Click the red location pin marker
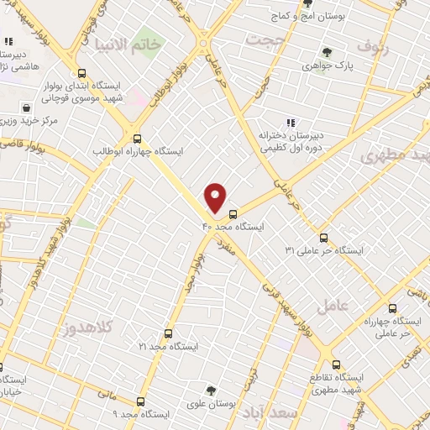pyautogui.click(x=216, y=197)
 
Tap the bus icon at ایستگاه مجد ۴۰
pyautogui.click(x=233, y=213)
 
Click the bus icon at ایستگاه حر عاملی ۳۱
pyautogui.click(x=324, y=238)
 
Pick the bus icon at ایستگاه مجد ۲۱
pyautogui.click(x=168, y=333)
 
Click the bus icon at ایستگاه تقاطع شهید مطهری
pyautogui.click(x=336, y=364)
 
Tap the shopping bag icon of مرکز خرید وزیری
pyautogui.click(x=28, y=107)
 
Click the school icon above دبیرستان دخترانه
pyautogui.click(x=291, y=123)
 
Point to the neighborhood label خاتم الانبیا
pyautogui.click(x=128, y=43)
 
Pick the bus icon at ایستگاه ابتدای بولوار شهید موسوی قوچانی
pyautogui.click(x=81, y=73)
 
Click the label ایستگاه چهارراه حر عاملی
pyautogui.click(x=385, y=328)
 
